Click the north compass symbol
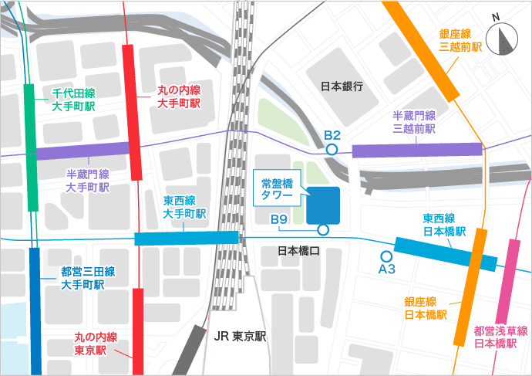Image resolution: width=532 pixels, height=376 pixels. pyautogui.click(x=507, y=39)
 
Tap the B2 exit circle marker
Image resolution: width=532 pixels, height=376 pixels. pyautogui.click(x=332, y=150)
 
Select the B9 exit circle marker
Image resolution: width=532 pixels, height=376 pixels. pyautogui.click(x=323, y=229)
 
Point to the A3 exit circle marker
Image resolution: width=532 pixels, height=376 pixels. pyautogui.click(x=386, y=256)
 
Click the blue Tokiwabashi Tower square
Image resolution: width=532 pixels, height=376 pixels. pyautogui.click(x=323, y=205)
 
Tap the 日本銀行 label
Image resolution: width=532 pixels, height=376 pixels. pyautogui.click(x=342, y=86)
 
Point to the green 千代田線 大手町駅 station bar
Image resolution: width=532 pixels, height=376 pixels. pyautogui.click(x=32, y=146)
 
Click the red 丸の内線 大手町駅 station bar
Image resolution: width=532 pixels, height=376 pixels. pyautogui.click(x=133, y=112)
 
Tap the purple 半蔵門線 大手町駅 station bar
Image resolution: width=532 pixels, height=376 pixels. pyautogui.click(x=82, y=150)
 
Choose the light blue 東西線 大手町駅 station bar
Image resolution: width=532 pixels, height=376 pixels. pyautogui.click(x=187, y=238)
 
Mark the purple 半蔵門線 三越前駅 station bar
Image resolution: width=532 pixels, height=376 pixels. pyautogui.click(x=417, y=150)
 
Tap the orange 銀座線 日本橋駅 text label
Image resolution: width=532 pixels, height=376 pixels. pyautogui.click(x=426, y=308)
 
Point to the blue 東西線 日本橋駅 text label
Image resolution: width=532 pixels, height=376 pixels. pyautogui.click(x=444, y=225)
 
